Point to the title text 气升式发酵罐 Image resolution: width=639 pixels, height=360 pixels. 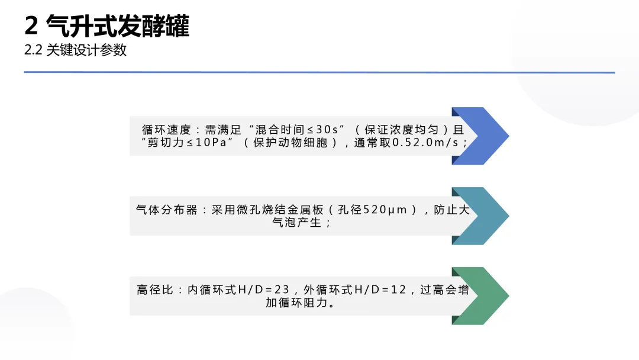coord(117,27)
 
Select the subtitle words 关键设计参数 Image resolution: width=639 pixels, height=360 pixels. coord(86,51)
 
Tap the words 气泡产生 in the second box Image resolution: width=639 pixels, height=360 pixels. coord(291,223)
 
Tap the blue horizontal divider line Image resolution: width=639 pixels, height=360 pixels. coord(319,72)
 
